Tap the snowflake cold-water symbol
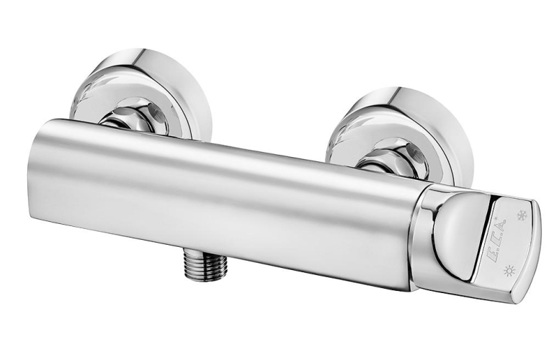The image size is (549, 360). [x=522, y=215]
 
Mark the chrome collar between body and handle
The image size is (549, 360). [x=422, y=238]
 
